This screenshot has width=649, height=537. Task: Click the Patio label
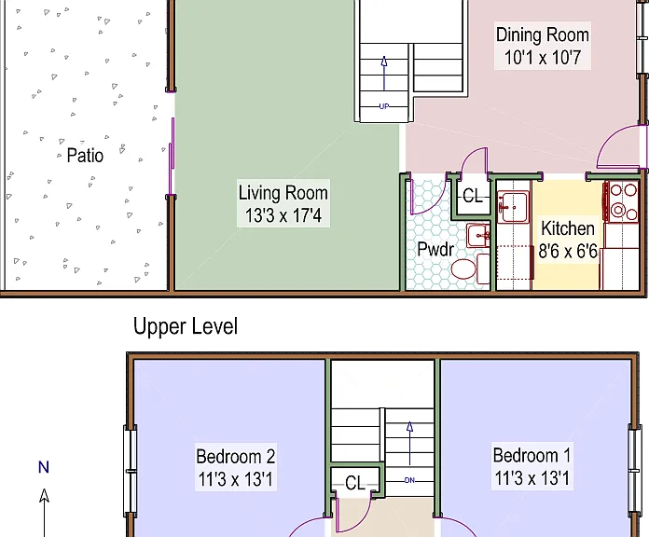[85, 156]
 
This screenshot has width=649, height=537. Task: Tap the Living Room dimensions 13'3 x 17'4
[283, 215]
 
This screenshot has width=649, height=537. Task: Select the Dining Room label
[542, 34]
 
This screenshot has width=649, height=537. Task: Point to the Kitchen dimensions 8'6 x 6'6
[568, 251]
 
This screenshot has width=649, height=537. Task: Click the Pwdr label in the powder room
[435, 249]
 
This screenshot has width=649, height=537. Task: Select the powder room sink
[478, 236]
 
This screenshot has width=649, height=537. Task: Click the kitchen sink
[513, 206]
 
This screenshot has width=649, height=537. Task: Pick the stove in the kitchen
[621, 201]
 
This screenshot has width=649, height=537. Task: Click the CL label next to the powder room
[473, 196]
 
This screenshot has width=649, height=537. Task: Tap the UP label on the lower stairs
[384, 106]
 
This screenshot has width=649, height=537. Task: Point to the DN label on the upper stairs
[409, 480]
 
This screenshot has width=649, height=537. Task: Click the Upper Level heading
[186, 326]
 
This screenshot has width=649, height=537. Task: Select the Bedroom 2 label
[236, 457]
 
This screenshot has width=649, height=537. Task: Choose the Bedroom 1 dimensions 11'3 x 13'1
[532, 478]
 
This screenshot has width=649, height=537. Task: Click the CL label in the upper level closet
[355, 483]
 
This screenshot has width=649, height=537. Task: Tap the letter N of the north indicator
[44, 467]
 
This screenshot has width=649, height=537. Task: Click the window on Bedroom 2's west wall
[130, 471]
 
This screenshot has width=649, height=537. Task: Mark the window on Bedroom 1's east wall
[635, 471]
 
